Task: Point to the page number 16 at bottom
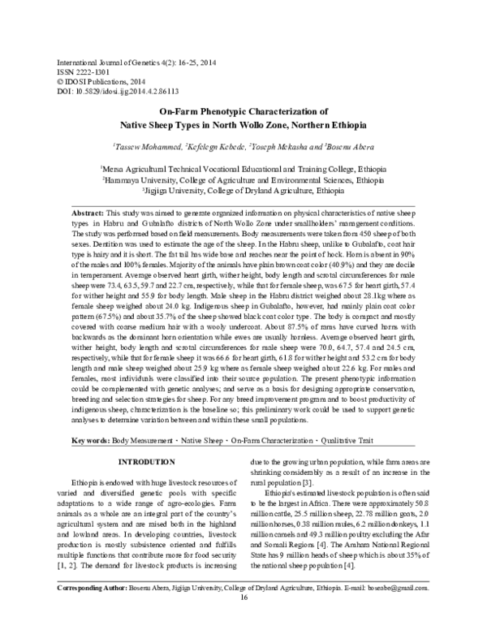click(243, 621)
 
